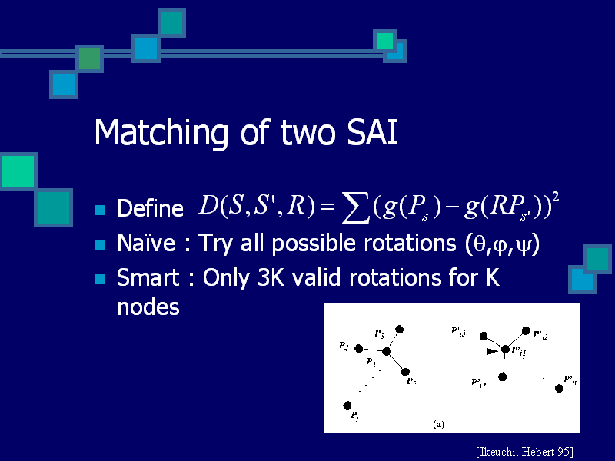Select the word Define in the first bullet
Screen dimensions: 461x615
(x=149, y=208)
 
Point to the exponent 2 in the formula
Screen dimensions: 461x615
(x=556, y=197)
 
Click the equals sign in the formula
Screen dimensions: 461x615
(x=324, y=207)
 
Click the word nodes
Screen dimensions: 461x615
(x=148, y=307)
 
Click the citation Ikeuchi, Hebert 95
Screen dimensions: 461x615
(x=524, y=450)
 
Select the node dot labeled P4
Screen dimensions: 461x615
(x=358, y=348)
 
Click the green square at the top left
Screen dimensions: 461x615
(x=90, y=58)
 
